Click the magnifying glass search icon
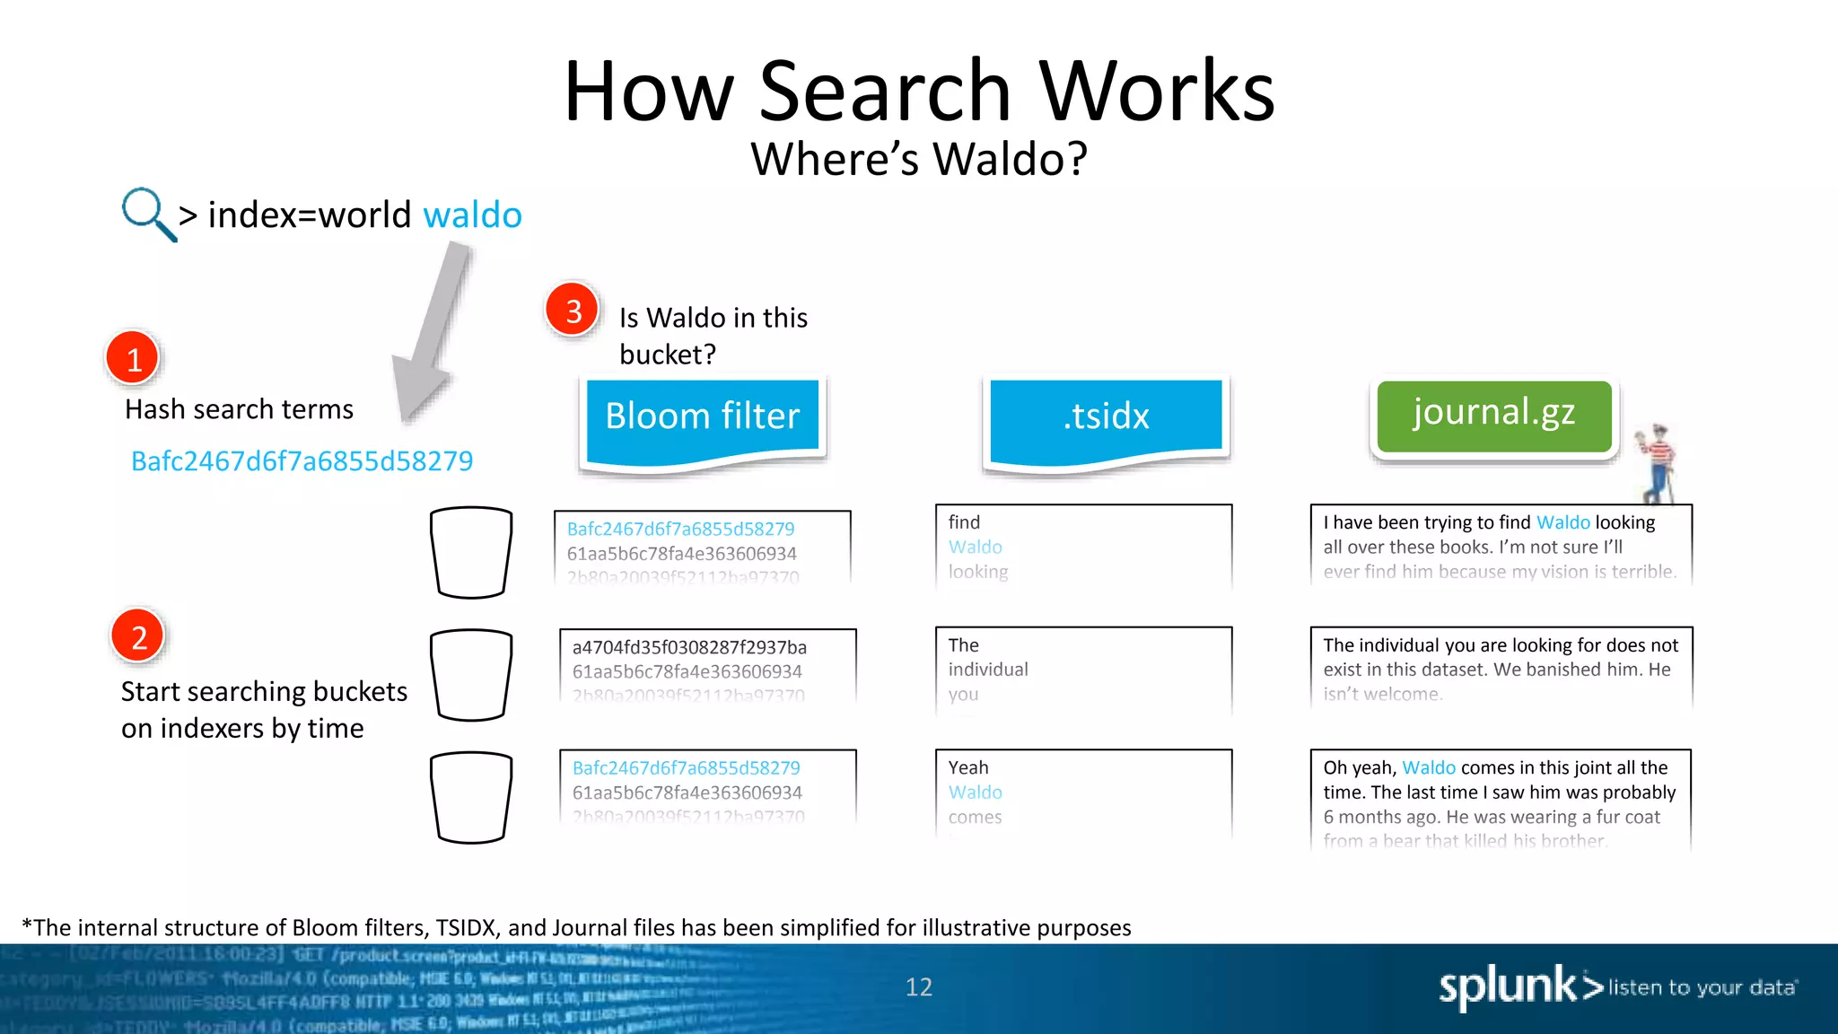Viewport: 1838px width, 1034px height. click(x=146, y=214)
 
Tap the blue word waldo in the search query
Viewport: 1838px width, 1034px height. click(x=472, y=215)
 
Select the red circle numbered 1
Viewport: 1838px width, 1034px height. click(x=133, y=358)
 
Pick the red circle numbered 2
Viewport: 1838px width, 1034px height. click(x=138, y=636)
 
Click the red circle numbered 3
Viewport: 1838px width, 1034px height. click(x=573, y=311)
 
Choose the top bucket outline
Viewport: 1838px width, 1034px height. click(x=471, y=552)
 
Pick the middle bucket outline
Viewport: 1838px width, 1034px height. click(x=471, y=674)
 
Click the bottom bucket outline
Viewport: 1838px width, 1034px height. click(x=471, y=797)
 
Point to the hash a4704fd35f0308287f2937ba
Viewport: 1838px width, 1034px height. click(x=689, y=647)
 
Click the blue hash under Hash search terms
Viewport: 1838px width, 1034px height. click(x=302, y=461)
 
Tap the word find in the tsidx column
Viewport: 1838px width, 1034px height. click(x=964, y=522)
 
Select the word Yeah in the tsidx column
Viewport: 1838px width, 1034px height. click(x=968, y=767)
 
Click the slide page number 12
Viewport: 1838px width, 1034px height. click(x=918, y=987)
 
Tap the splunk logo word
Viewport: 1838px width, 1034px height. click(x=1507, y=987)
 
